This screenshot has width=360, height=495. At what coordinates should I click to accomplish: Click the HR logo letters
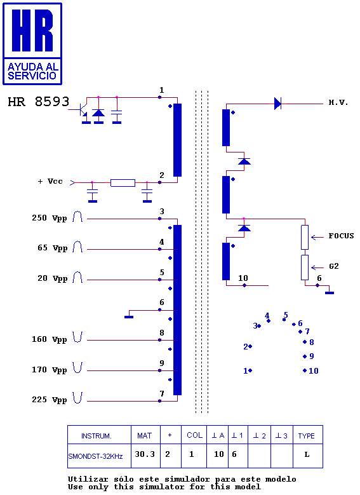coord(32,31)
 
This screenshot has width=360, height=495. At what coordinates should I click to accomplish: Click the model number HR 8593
coord(39,102)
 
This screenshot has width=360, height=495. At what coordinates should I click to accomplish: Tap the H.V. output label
coord(338,102)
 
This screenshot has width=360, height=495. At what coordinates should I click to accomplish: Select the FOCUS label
coord(341,236)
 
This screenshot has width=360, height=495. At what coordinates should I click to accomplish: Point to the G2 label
coord(334,266)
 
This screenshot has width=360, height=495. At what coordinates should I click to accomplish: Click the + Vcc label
coord(50,181)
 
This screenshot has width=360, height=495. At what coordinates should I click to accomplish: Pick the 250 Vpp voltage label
coord(50,218)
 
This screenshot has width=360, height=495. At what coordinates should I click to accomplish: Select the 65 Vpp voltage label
coord(52,248)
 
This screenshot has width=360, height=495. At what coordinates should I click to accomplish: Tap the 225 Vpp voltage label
coord(50,400)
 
